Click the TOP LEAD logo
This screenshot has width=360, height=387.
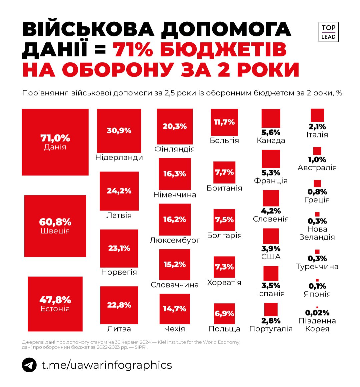pyautogui.click(x=328, y=32)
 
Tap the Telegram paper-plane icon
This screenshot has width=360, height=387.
pyautogui.click(x=29, y=365)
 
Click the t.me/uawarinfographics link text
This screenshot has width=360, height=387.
pyautogui.click(x=107, y=365)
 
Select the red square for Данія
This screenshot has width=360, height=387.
pyautogui.click(x=55, y=142)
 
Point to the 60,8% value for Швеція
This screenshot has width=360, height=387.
pyautogui.click(x=55, y=222)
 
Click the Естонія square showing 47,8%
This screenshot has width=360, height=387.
pyautogui.click(x=55, y=304)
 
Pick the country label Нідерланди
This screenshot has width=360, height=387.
pyautogui.click(x=119, y=157)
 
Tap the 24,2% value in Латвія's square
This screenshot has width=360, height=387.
pyautogui.click(x=119, y=191)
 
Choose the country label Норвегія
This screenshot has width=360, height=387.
pyautogui.click(x=119, y=272)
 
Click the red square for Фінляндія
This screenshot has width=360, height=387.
pyautogui.click(x=175, y=126)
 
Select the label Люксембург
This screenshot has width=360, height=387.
pyautogui.click(x=175, y=240)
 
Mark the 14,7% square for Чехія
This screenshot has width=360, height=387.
pyautogui.click(x=175, y=309)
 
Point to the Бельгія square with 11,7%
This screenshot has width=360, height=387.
pyautogui.click(x=224, y=122)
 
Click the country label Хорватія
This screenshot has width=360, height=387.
pyautogui.click(x=224, y=283)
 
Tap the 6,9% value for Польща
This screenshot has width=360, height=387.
pyautogui.click(x=224, y=314)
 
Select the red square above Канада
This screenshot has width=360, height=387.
pyautogui.click(x=271, y=118)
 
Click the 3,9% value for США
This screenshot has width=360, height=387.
pyautogui.click(x=271, y=249)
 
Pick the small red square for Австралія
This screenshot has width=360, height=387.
pyautogui.click(x=317, y=151)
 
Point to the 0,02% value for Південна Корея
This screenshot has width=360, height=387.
pyautogui.click(x=317, y=313)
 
